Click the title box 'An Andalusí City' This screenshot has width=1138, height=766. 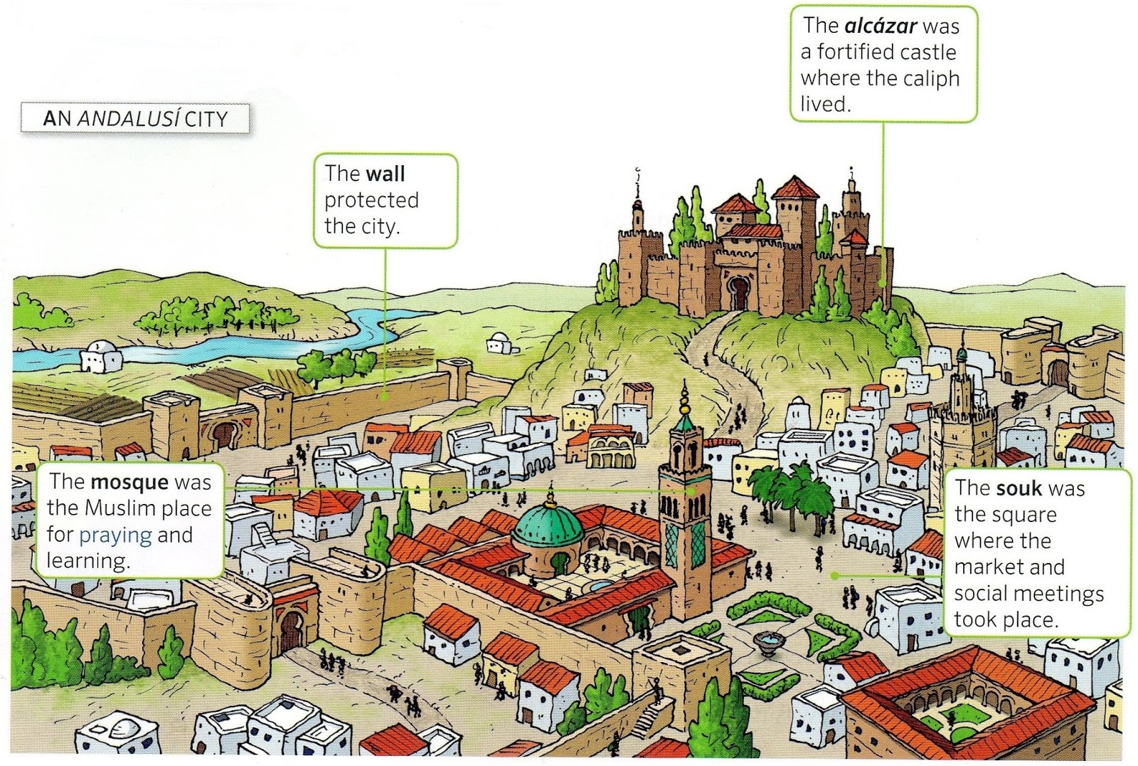point(135,118)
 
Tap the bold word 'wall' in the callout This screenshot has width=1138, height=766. point(385,174)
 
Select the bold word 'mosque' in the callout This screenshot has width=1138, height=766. point(129,482)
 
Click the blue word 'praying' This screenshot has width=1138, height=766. point(115,535)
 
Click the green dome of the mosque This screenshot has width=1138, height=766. point(547,526)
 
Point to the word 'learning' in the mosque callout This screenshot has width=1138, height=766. point(88,561)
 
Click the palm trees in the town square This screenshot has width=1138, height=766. point(786,491)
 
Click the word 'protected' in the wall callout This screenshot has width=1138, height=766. point(371,200)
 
